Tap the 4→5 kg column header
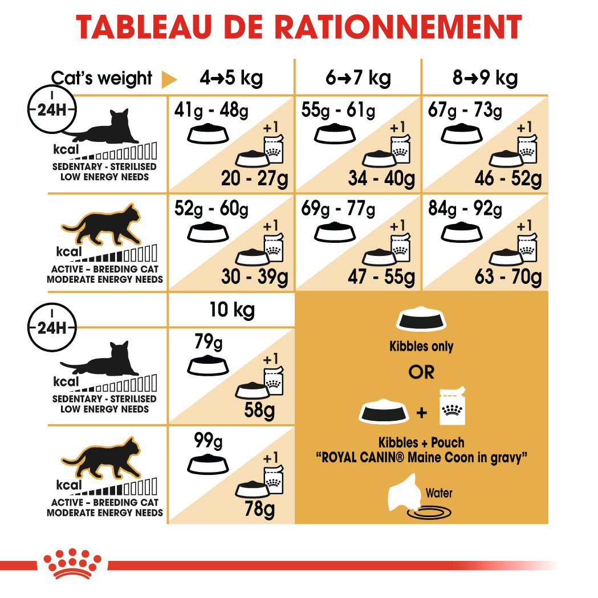(x=231, y=78)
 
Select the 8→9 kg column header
(x=485, y=78)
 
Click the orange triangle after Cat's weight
(x=169, y=79)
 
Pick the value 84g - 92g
(x=465, y=209)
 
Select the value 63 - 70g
(x=508, y=277)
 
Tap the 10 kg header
(x=231, y=310)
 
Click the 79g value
(x=209, y=344)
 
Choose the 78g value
(x=259, y=507)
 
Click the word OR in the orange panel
(x=421, y=372)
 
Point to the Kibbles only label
(x=421, y=346)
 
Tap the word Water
(x=439, y=493)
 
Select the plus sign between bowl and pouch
(x=421, y=412)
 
